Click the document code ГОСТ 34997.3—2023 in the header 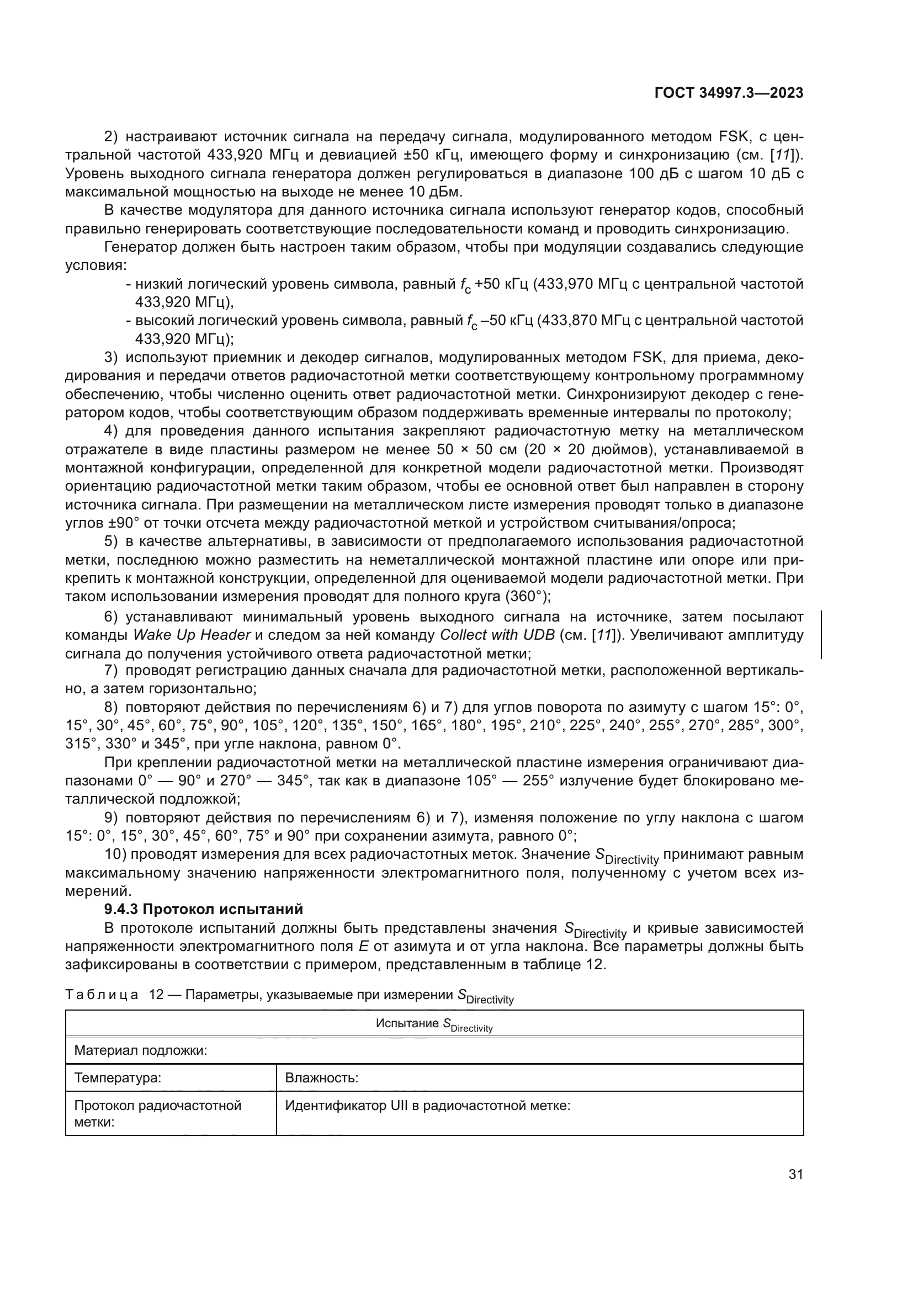click(x=729, y=93)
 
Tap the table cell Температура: click(x=118, y=1078)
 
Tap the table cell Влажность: click(x=322, y=1078)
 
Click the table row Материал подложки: click(x=141, y=1050)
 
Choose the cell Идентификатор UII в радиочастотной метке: click(x=427, y=1106)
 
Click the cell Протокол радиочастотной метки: click(x=157, y=1113)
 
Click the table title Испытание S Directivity click(x=434, y=1024)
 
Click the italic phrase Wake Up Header click(x=192, y=635)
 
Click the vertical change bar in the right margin click(x=821, y=634)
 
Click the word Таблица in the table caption click(x=102, y=995)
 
